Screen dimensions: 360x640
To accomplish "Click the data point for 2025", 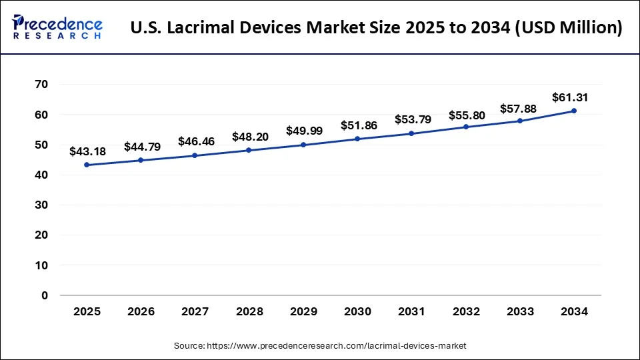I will [87, 165].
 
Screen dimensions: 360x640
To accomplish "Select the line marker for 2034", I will [574, 111].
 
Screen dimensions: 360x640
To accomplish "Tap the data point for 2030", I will [357, 139].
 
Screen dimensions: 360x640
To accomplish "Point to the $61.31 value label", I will [570, 97].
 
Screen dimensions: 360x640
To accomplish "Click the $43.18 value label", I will [87, 152].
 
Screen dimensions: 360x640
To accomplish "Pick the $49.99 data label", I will [303, 131].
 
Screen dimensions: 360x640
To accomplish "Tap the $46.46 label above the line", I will [195, 141].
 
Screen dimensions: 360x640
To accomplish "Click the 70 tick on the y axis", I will [41, 84].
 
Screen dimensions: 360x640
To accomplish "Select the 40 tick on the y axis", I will [41, 175].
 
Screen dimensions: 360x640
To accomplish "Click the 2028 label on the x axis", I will [249, 311].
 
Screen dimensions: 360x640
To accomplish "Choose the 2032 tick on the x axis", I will [466, 311].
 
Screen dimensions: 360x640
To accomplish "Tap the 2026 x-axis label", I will [141, 311].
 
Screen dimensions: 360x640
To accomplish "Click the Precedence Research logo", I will [57, 27].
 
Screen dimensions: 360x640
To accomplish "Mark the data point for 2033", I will [520, 121].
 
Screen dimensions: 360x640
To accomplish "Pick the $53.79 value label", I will [412, 120].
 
